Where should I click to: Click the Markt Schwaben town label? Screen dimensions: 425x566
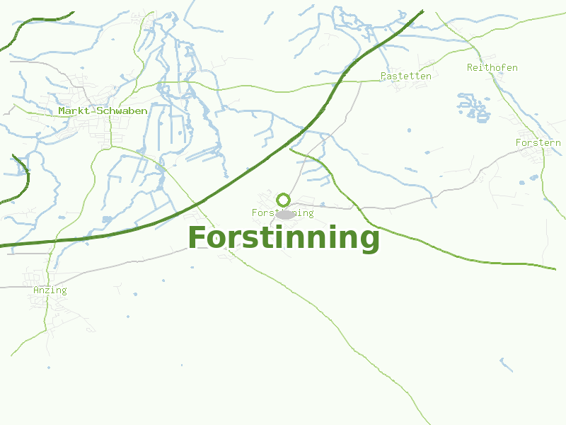[103, 111]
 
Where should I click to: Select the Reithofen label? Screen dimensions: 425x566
[492, 68]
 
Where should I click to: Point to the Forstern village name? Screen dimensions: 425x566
[538, 143]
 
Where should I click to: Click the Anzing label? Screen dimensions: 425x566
[50, 290]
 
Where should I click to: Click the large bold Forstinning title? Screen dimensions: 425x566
[284, 238]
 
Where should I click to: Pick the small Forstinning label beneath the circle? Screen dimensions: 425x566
[282, 212]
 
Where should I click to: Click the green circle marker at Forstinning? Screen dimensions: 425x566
[284, 200]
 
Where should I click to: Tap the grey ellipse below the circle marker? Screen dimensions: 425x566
[285, 215]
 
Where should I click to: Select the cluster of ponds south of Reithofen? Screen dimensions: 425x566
[474, 106]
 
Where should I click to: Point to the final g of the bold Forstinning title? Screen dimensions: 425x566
[369, 241]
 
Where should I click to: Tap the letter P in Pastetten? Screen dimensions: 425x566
[383, 76]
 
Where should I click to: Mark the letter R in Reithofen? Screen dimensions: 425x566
[470, 68]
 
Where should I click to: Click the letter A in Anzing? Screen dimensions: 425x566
[36, 290]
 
